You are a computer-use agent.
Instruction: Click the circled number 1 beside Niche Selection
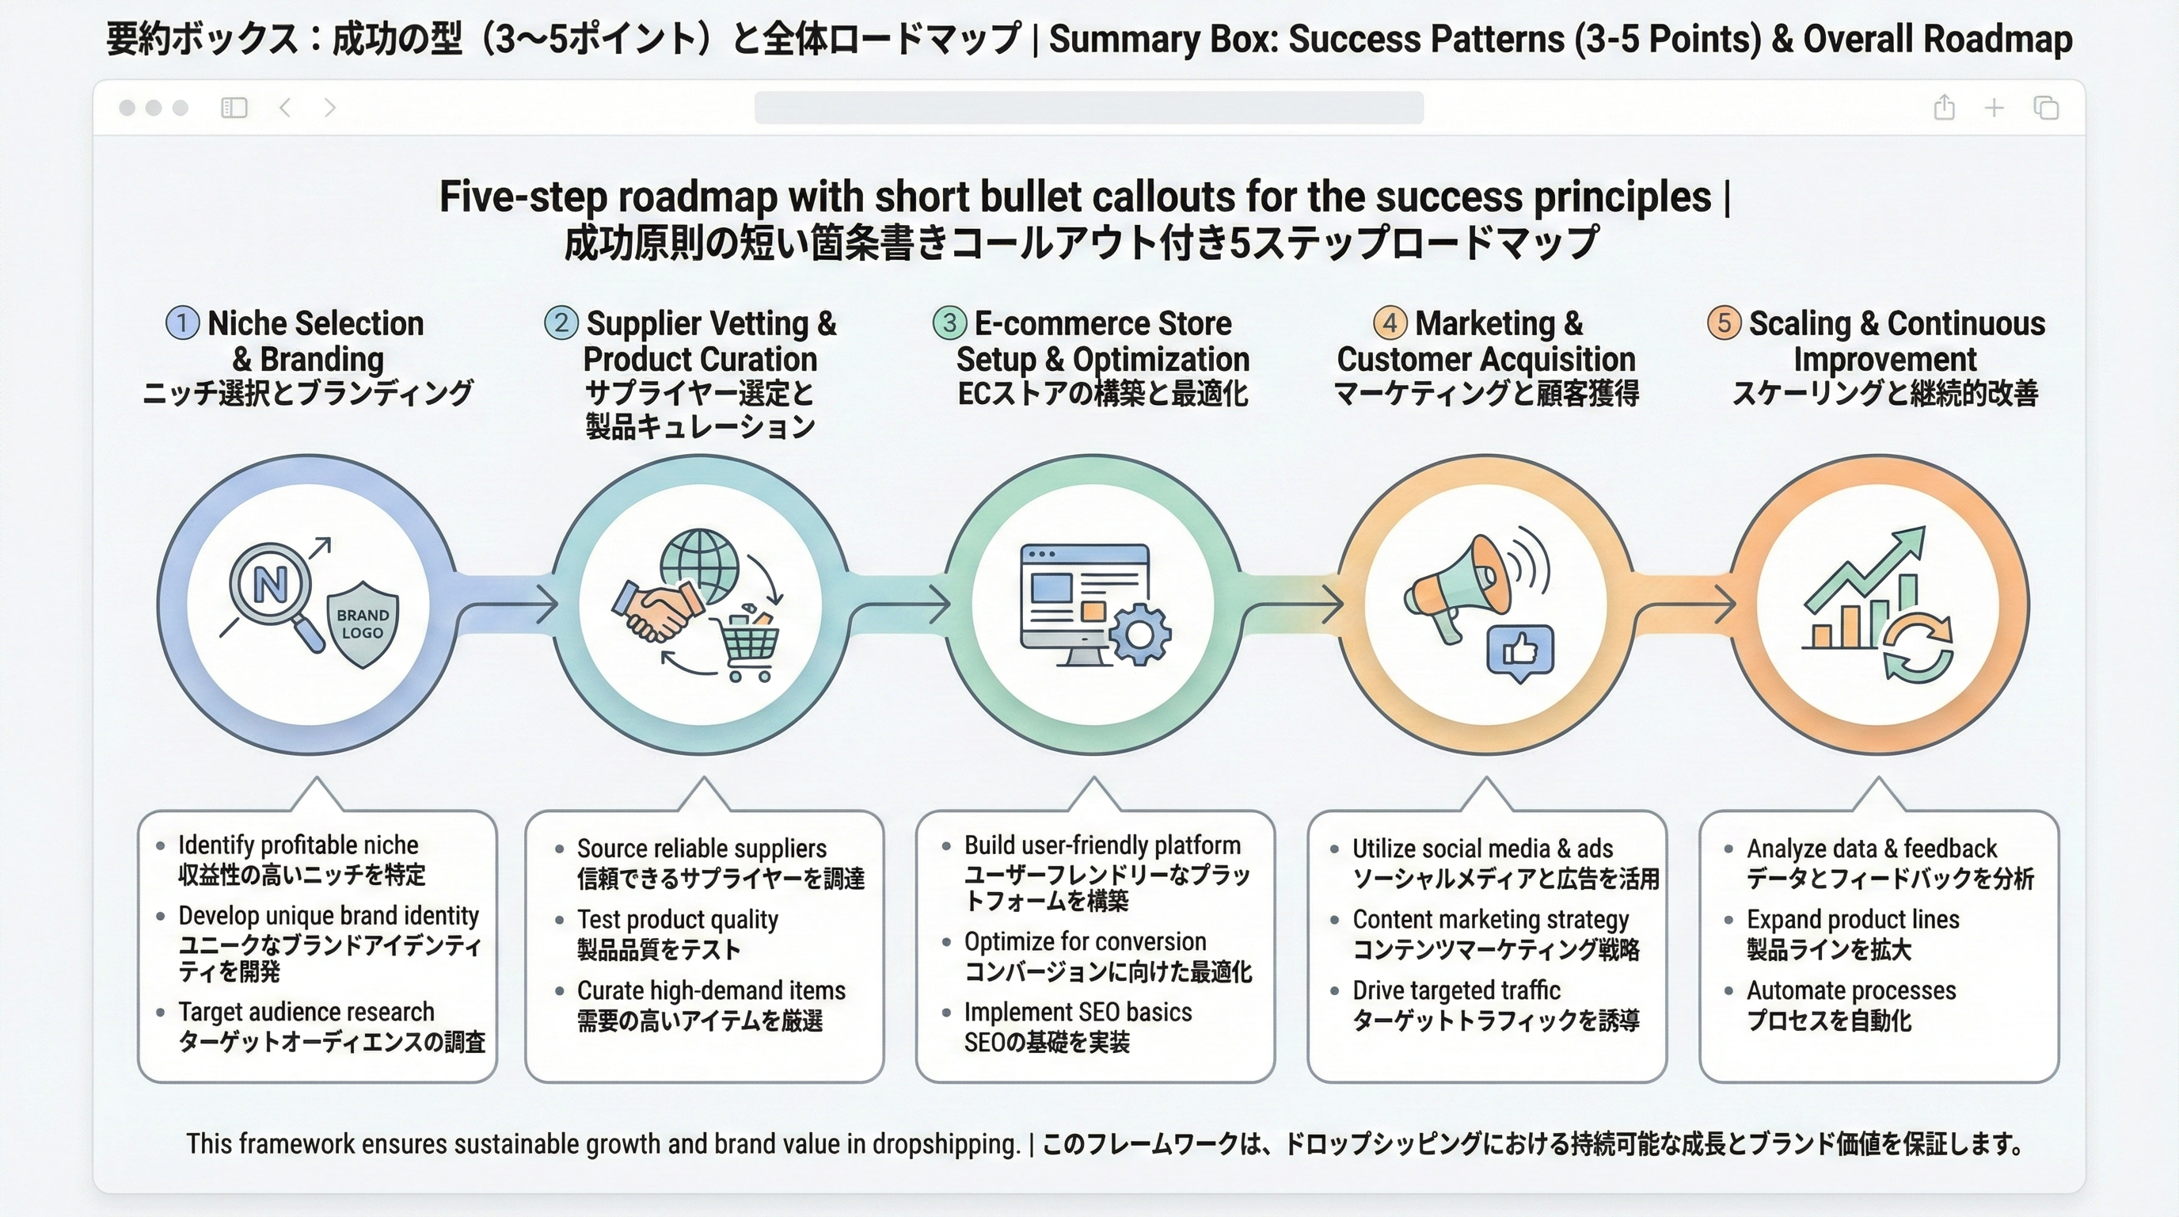(x=182, y=323)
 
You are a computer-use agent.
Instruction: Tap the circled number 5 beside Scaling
(x=1723, y=323)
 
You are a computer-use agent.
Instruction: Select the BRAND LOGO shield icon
(x=363, y=624)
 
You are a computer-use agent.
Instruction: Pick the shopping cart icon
(x=747, y=645)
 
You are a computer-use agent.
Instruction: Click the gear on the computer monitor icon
(x=1140, y=634)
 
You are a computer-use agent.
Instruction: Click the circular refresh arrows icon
(x=1919, y=647)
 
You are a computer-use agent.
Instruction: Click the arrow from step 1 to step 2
(x=508, y=605)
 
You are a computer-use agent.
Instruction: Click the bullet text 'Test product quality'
(x=678, y=919)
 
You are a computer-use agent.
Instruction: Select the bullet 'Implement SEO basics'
(x=1078, y=1013)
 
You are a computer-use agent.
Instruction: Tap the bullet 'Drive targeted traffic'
(x=1456, y=990)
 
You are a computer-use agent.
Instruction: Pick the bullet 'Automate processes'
(x=1850, y=990)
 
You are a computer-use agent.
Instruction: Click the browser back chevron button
(x=285, y=108)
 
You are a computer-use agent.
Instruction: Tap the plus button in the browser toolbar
(x=1994, y=108)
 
